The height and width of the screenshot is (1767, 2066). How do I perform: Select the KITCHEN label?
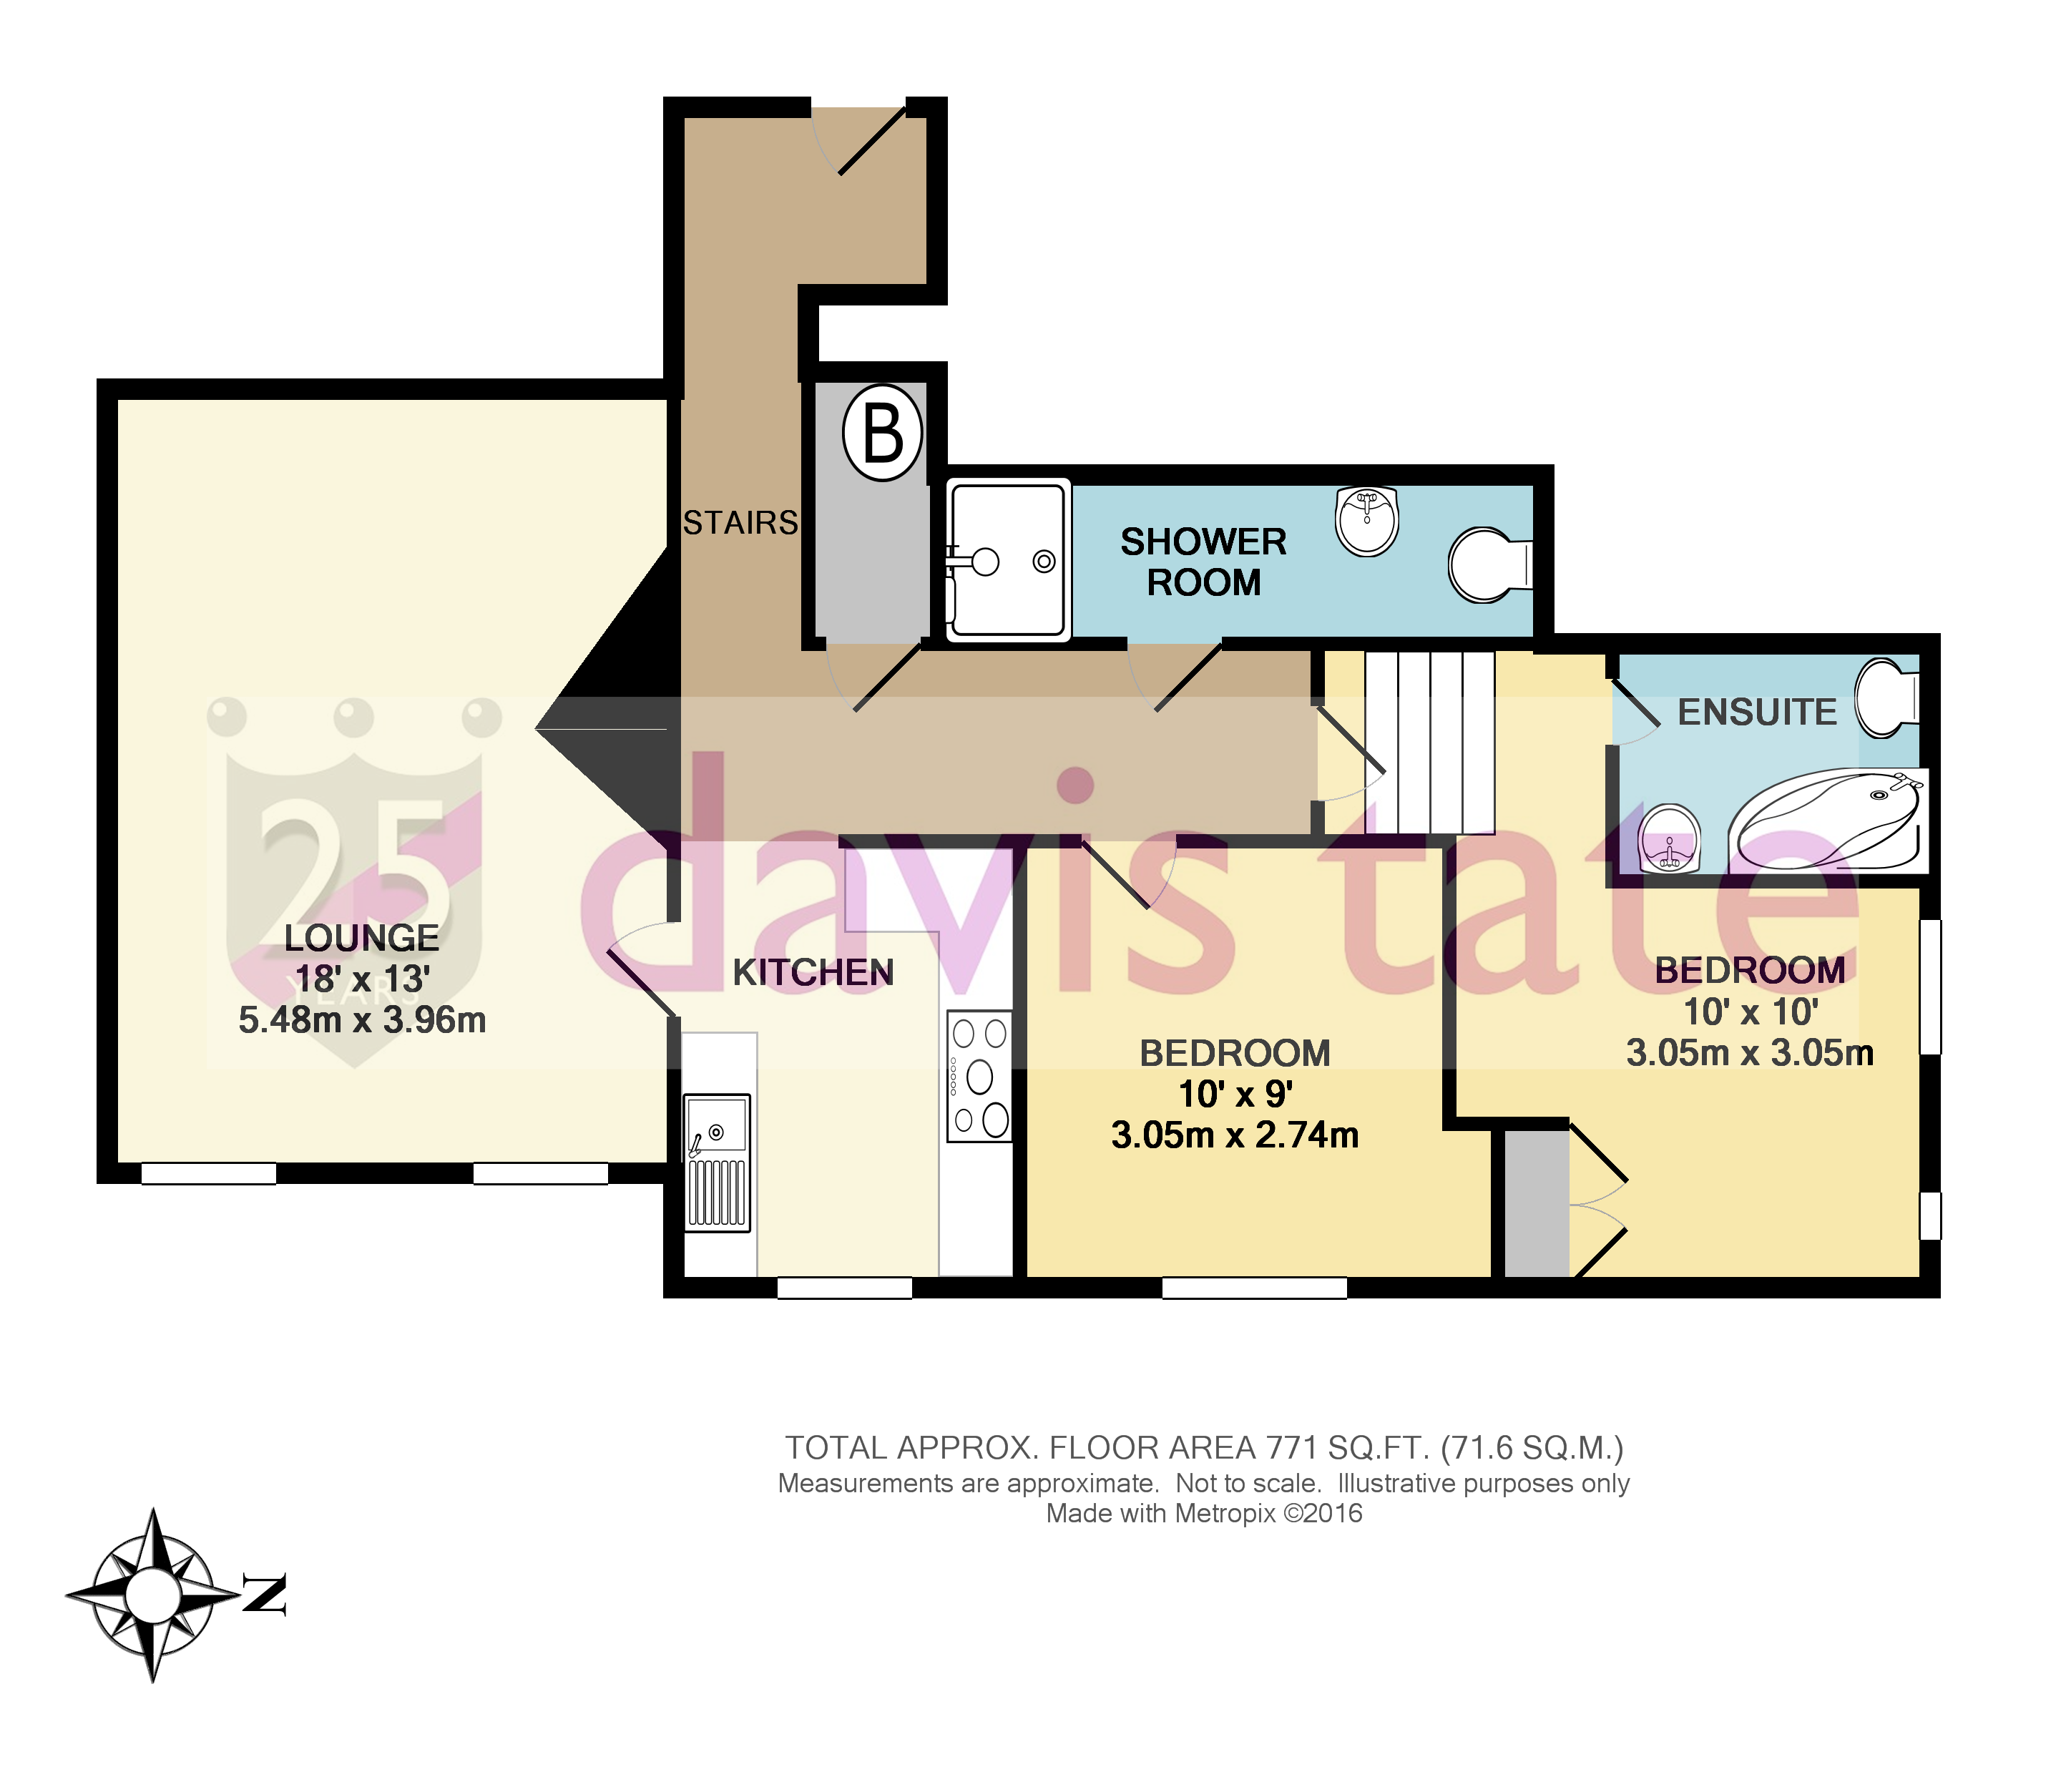point(813,972)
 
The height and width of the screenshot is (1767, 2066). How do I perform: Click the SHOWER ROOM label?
point(1203,562)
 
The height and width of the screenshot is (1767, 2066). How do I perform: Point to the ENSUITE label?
point(1757,712)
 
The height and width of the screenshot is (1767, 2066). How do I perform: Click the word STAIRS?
point(740,522)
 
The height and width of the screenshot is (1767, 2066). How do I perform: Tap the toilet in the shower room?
point(1488,564)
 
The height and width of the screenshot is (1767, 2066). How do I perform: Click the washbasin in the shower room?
point(1367,521)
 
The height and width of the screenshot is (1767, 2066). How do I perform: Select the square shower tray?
point(1007,559)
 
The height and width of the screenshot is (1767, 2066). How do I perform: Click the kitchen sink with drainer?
point(717,1162)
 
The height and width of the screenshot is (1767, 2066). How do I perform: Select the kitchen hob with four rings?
point(978,1076)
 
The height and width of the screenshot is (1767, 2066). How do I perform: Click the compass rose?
point(152,1595)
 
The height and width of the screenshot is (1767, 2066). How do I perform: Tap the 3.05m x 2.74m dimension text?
point(1235,1135)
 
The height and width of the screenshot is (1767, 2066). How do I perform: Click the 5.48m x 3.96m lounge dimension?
point(361,1020)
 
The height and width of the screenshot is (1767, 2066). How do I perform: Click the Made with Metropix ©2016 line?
point(1203,1514)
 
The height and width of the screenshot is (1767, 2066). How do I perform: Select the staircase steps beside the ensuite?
point(1429,742)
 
